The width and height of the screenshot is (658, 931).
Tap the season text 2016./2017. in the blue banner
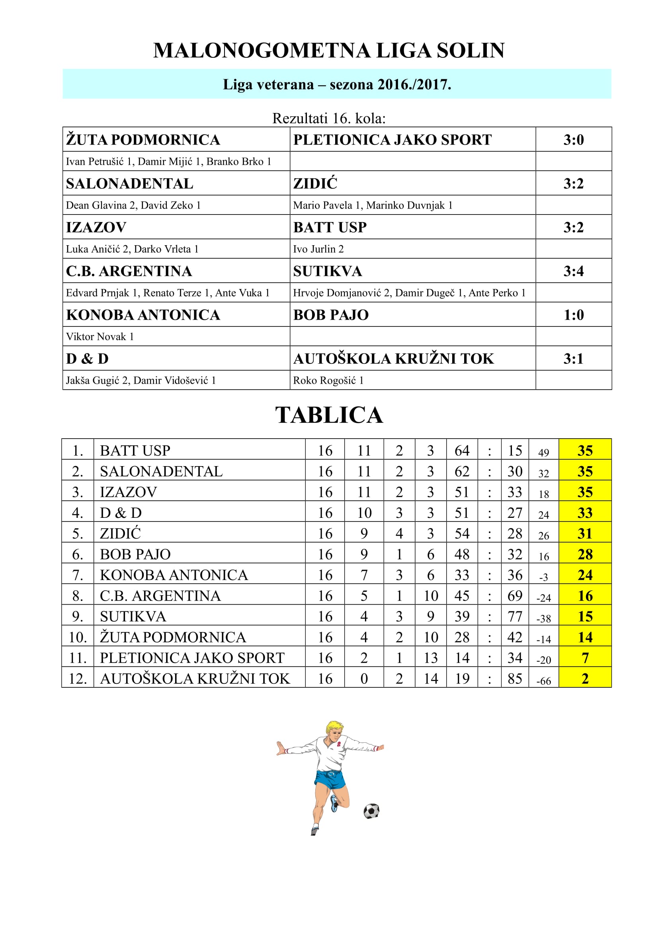tap(414, 84)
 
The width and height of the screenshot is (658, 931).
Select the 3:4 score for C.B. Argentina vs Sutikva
tap(573, 271)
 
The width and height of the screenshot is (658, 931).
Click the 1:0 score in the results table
tap(573, 315)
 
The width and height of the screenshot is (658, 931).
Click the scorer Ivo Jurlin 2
tap(318, 249)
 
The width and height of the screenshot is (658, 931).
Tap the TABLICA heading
tap(329, 415)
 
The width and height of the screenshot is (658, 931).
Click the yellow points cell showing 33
tap(585, 513)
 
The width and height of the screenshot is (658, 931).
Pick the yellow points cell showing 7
tap(585, 658)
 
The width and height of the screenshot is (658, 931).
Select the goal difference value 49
tap(543, 453)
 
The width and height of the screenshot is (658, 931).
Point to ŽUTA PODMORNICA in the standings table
tap(173, 637)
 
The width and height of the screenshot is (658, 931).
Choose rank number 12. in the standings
tap(78, 678)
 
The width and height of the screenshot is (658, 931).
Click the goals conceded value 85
tap(514, 678)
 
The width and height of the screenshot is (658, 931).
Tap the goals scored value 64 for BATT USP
tap(462, 451)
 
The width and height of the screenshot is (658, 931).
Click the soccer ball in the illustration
tap(371, 811)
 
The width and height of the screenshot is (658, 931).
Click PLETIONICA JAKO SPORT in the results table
tap(392, 139)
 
